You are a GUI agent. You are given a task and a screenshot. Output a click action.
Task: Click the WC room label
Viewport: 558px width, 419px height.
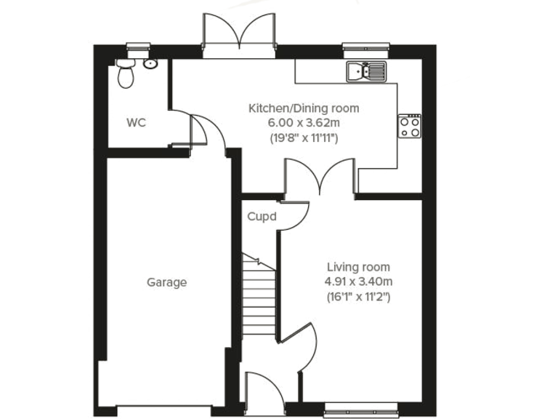[136, 122]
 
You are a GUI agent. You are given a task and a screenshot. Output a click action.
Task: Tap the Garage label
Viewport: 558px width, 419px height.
[166, 282]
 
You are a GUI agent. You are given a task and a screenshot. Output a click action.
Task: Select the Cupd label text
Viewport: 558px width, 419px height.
[262, 217]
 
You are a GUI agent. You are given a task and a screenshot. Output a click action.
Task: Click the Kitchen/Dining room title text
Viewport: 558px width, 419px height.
[304, 108]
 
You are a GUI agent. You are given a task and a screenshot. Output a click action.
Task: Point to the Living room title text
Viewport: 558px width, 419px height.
[358, 267]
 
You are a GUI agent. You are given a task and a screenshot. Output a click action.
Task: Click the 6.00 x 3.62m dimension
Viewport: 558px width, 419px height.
[304, 122]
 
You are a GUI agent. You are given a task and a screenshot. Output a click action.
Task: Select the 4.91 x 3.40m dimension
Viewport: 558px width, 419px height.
[358, 282]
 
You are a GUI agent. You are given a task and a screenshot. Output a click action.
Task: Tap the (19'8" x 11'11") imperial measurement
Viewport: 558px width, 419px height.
[304, 137]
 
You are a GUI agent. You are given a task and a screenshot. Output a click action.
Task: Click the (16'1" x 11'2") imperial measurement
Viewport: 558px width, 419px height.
[358, 296]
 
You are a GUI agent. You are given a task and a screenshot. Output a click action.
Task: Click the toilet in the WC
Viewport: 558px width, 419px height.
[126, 73]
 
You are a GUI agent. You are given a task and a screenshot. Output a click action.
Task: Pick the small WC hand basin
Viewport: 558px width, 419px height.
[150, 64]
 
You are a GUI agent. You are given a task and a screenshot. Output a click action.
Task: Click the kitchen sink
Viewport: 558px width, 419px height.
[366, 71]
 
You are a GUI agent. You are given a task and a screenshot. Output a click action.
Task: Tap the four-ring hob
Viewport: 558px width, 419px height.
[409, 126]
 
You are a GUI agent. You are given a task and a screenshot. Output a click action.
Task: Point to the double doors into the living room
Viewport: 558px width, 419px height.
[320, 178]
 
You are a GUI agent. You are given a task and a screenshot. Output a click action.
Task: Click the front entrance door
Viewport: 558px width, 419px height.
[263, 393]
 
